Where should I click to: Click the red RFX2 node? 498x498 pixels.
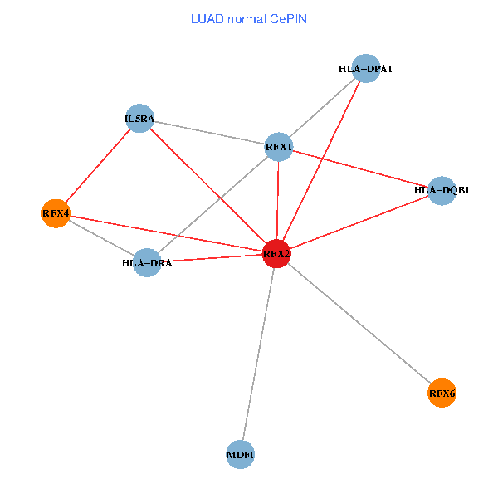[276, 254]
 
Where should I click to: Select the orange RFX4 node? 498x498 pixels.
[55, 214]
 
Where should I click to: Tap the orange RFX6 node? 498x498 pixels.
[442, 393]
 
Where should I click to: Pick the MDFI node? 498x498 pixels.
[240, 455]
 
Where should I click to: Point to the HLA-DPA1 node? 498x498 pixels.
[365, 68]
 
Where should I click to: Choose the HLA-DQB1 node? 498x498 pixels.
[442, 191]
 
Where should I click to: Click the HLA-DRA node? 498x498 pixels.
[147, 263]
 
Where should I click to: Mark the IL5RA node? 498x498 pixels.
[139, 119]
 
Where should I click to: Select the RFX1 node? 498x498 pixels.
[279, 147]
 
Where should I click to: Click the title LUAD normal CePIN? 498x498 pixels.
[249, 18]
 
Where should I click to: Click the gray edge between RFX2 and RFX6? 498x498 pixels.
[359, 323]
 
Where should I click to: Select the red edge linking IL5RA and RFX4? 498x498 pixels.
[97, 166]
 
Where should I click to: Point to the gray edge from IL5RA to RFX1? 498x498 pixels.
[209, 133]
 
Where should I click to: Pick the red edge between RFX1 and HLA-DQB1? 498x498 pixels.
[360, 169]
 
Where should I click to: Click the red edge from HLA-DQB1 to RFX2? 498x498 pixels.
[359, 222]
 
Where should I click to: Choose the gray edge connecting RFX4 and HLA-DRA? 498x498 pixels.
[100, 238]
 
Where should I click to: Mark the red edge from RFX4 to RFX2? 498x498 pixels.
[166, 234]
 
